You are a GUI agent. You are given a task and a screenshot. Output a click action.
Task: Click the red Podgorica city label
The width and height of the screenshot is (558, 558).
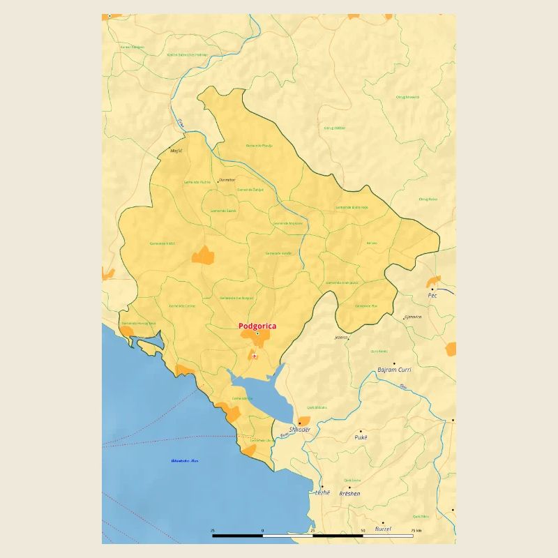257,326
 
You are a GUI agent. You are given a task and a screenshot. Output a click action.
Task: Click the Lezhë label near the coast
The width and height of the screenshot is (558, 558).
322,492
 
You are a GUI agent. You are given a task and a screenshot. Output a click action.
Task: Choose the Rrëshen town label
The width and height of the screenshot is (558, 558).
349,493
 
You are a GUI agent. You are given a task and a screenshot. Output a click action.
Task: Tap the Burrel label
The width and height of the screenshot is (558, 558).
383,529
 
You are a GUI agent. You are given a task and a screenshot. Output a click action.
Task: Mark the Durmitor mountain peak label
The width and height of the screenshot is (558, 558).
227,180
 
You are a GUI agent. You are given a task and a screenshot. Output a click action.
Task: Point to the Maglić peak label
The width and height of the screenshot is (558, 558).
176,150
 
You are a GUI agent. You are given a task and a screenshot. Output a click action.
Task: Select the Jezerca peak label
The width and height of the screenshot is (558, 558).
340,337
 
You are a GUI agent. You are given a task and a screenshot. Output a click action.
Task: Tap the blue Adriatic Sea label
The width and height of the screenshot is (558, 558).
185,460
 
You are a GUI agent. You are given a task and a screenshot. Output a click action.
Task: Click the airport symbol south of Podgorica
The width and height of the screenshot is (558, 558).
255,356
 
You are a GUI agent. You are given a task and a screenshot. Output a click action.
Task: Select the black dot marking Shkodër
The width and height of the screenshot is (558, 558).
299,423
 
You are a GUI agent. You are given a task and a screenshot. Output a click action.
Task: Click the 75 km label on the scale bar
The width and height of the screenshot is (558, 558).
416,531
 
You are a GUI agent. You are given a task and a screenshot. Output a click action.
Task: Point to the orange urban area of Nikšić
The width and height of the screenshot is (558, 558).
202,255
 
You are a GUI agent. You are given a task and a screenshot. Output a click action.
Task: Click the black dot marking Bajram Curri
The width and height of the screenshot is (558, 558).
394,363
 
